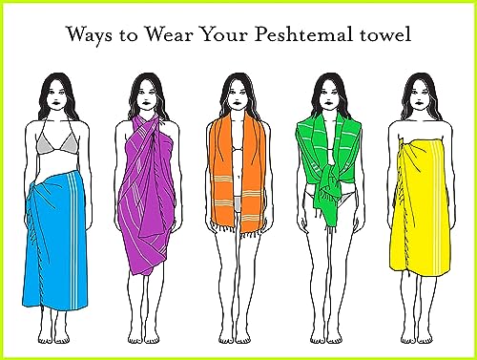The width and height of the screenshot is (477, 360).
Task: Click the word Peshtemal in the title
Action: pos(303,34)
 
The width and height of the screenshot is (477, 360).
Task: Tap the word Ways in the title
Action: pos(89,34)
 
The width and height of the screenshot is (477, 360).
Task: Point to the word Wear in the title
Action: pos(169,34)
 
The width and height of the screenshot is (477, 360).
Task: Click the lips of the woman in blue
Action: pos(56,103)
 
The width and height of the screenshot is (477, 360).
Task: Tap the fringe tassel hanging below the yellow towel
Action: pos(408,273)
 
